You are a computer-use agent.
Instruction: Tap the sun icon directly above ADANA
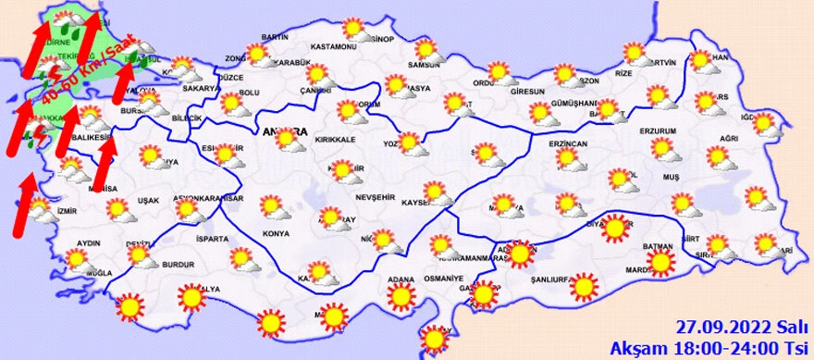pyautogui.click(x=401, y=296)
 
